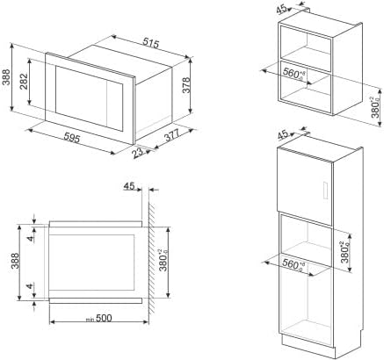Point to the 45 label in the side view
pyautogui.click(x=129, y=187)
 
